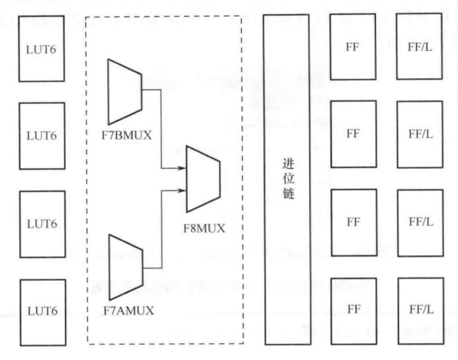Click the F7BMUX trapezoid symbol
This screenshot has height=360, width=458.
click(x=123, y=92)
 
